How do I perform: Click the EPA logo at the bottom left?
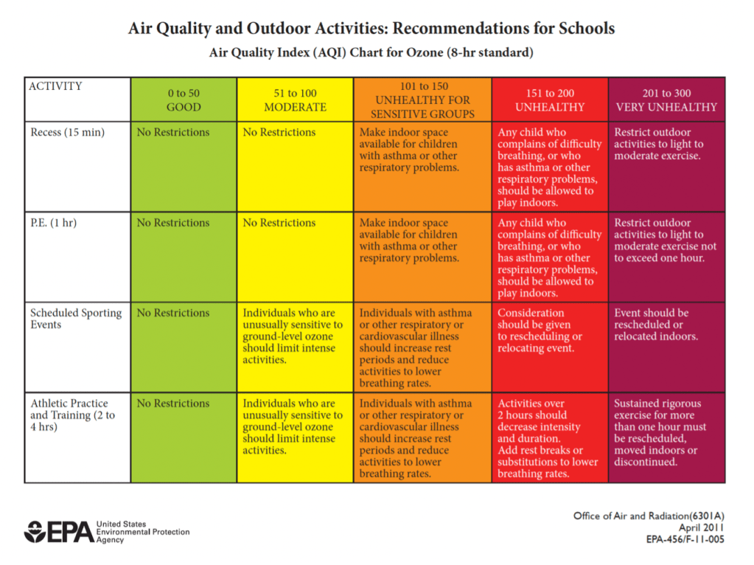(59, 531)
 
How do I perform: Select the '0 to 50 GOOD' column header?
(183, 100)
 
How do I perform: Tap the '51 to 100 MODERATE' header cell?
(295, 100)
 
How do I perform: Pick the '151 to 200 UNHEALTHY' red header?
(550, 100)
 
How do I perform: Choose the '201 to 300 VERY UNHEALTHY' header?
(666, 100)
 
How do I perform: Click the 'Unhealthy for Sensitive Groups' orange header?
(422, 100)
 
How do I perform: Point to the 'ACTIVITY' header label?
(56, 86)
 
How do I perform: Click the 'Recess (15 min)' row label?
(68, 133)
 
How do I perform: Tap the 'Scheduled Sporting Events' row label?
(76, 319)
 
